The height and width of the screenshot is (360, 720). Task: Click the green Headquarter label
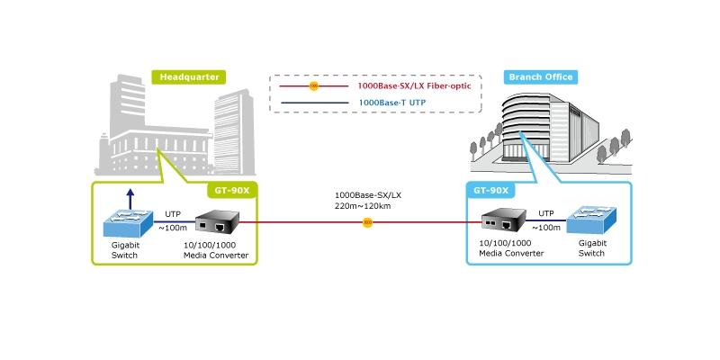(x=189, y=77)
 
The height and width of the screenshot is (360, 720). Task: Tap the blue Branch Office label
(x=541, y=77)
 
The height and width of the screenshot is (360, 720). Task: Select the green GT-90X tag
(x=232, y=191)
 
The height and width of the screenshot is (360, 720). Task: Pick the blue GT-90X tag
(x=490, y=191)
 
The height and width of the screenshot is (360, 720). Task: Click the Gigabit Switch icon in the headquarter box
(x=128, y=222)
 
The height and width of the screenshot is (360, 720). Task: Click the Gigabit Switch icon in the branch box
(x=591, y=220)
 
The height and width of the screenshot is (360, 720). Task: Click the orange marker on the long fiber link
(x=367, y=222)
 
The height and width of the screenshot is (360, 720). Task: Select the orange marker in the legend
(x=314, y=85)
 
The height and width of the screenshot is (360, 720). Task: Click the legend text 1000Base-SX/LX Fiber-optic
(x=414, y=85)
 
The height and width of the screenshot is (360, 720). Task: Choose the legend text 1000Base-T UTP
(x=392, y=103)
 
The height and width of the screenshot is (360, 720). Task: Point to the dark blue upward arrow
(x=130, y=199)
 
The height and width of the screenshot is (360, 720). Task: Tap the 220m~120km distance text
(x=363, y=206)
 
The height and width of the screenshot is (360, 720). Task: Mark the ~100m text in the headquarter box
(x=173, y=229)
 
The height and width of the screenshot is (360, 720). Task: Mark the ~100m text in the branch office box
(x=546, y=228)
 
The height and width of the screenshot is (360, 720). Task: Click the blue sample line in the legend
(x=314, y=103)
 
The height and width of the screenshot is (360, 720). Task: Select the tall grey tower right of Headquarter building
(x=234, y=132)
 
